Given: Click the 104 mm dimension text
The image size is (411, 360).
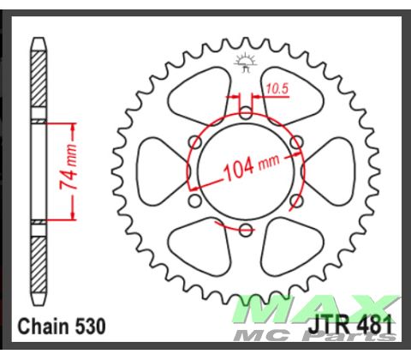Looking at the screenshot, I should [x=248, y=167].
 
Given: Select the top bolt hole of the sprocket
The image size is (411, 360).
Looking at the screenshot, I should [x=246, y=112].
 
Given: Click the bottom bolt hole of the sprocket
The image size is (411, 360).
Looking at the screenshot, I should [x=246, y=229].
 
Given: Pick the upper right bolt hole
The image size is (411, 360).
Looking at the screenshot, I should [x=296, y=141].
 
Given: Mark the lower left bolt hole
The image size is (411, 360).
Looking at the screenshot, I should [x=195, y=200].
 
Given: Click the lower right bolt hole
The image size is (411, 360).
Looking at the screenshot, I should [x=296, y=200].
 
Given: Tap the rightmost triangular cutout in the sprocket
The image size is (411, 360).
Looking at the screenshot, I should [x=331, y=171].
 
